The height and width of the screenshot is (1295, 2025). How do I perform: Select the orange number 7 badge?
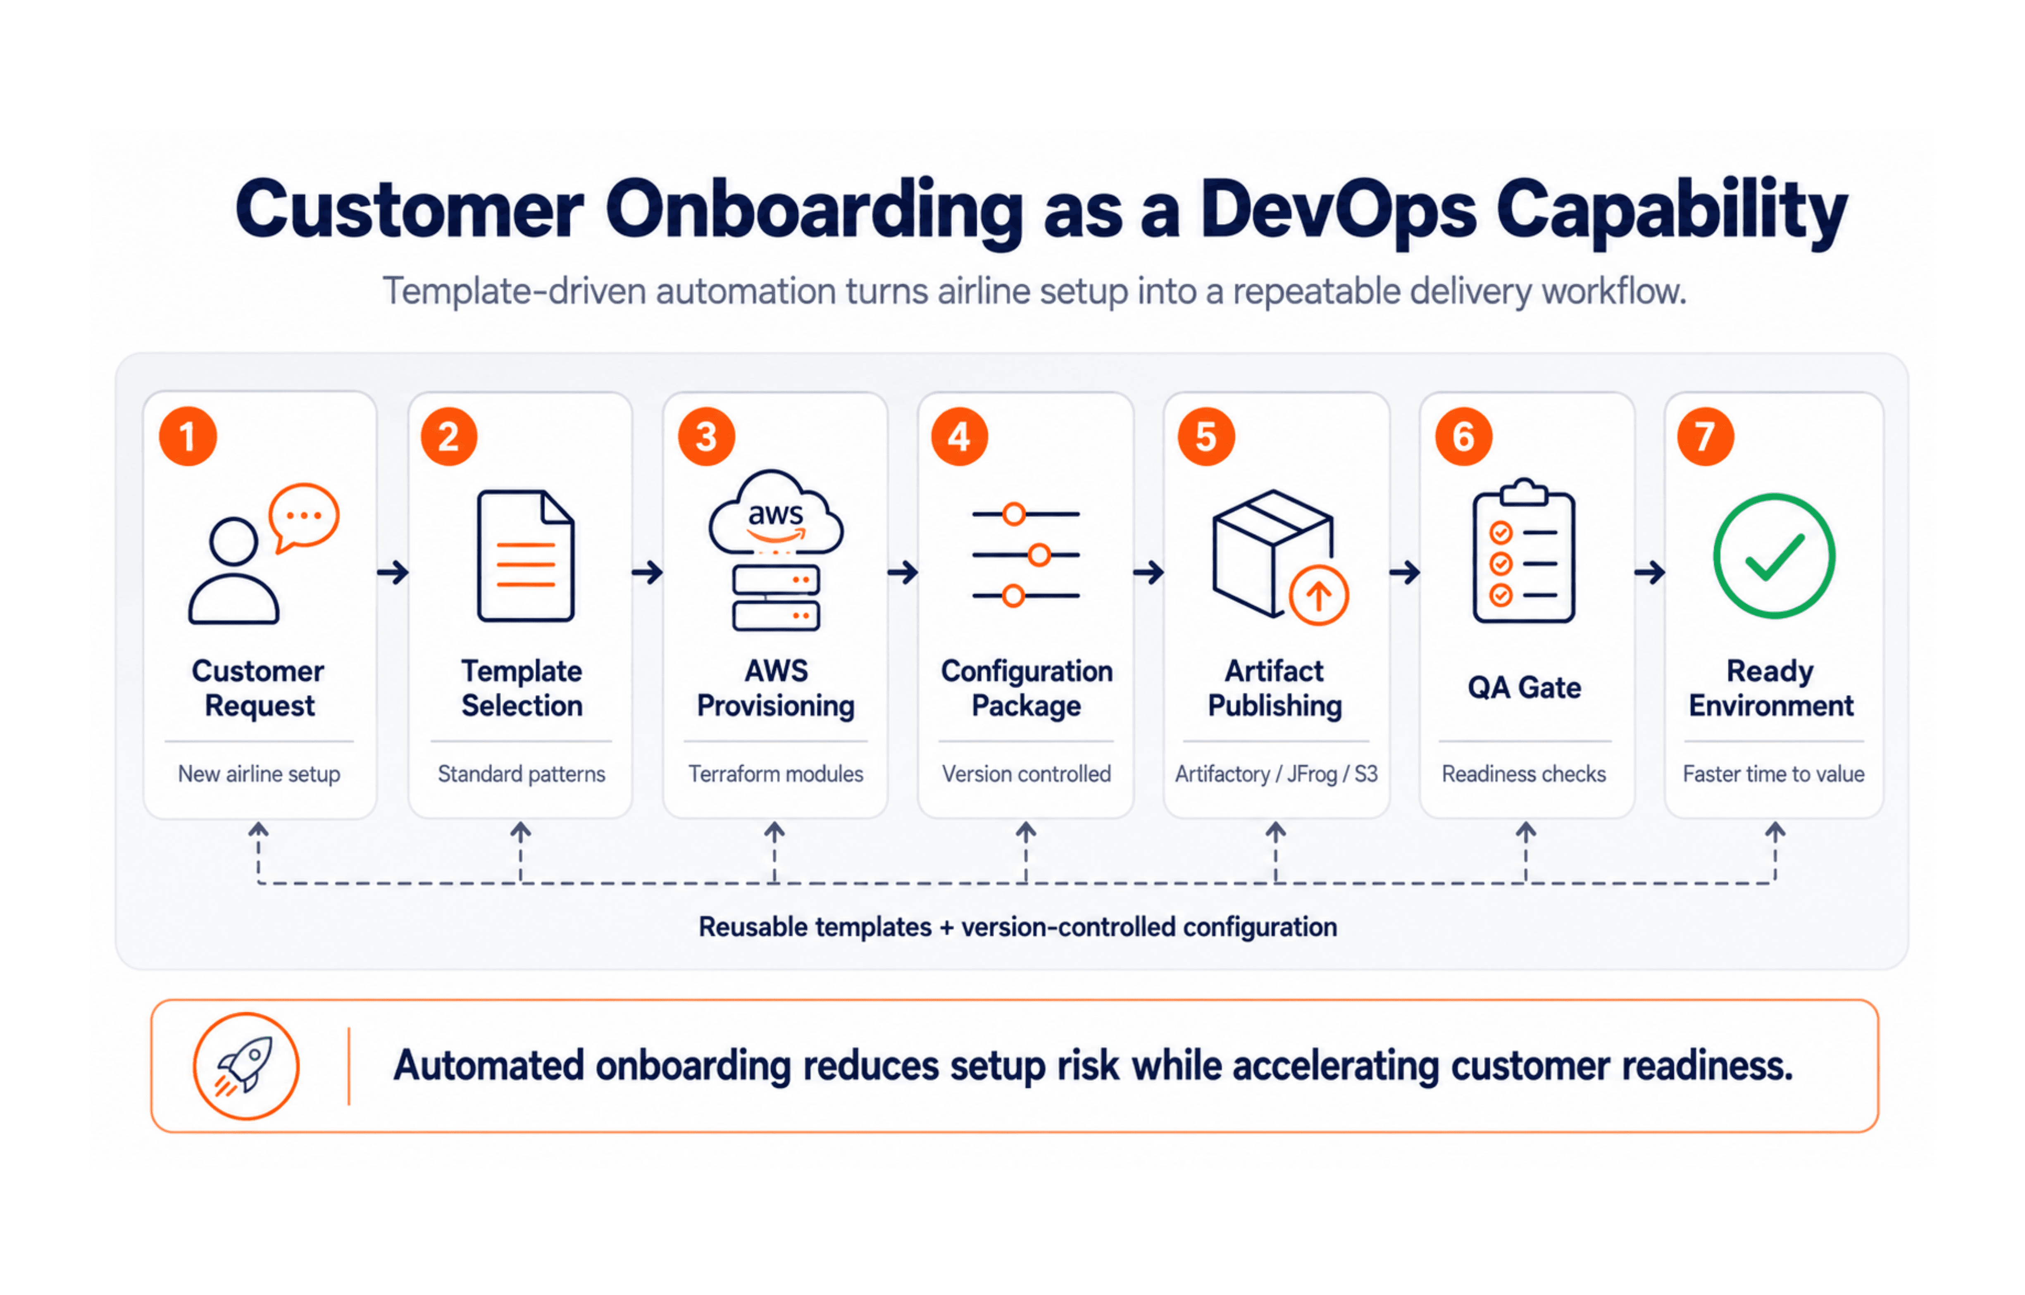pyautogui.click(x=1706, y=436)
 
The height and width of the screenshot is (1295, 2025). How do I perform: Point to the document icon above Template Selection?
pyautogui.click(x=526, y=556)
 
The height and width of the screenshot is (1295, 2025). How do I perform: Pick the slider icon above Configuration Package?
pyautogui.click(x=1026, y=555)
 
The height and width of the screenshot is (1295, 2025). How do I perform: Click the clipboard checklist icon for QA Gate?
pyautogui.click(x=1524, y=551)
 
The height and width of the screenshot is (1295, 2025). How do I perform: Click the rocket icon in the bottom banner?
pyautogui.click(x=245, y=1065)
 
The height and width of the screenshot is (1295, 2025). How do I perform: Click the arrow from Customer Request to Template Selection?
pyautogui.click(x=393, y=573)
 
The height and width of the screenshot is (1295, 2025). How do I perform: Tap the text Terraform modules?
pyautogui.click(x=775, y=774)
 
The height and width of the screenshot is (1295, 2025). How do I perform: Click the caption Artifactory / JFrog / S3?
pyautogui.click(x=1276, y=774)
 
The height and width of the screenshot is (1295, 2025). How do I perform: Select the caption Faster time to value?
pyautogui.click(x=1774, y=774)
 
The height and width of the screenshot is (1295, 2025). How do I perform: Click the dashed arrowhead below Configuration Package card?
pyautogui.click(x=1025, y=831)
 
